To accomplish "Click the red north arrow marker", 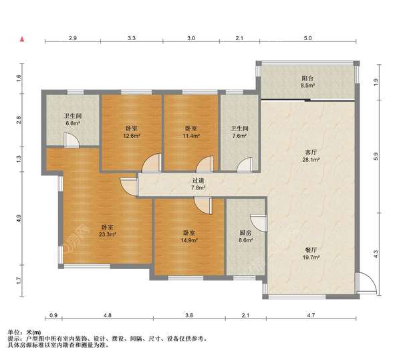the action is [22, 39].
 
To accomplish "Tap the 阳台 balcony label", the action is [307, 78].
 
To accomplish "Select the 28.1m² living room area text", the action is [311, 159].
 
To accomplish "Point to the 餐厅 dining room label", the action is [311, 250].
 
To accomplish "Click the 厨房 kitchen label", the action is [245, 233].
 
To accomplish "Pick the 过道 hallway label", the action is [198, 181].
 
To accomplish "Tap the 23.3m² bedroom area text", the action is [108, 234].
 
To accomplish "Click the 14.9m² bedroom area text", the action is [189, 240].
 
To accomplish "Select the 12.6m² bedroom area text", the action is [132, 135].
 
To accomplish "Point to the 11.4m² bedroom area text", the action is [191, 135].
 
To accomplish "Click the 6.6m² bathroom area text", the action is [73, 123].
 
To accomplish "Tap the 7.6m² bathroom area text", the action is [240, 135].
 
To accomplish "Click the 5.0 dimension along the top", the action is [307, 38].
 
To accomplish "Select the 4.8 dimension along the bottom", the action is [108, 315].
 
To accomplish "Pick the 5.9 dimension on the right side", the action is [376, 157].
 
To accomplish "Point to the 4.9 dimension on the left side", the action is [19, 218].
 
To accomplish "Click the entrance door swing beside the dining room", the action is [366, 283].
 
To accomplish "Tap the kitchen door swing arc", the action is [258, 223].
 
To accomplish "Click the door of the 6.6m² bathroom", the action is [72, 140].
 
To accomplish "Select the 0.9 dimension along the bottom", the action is [53, 315].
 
